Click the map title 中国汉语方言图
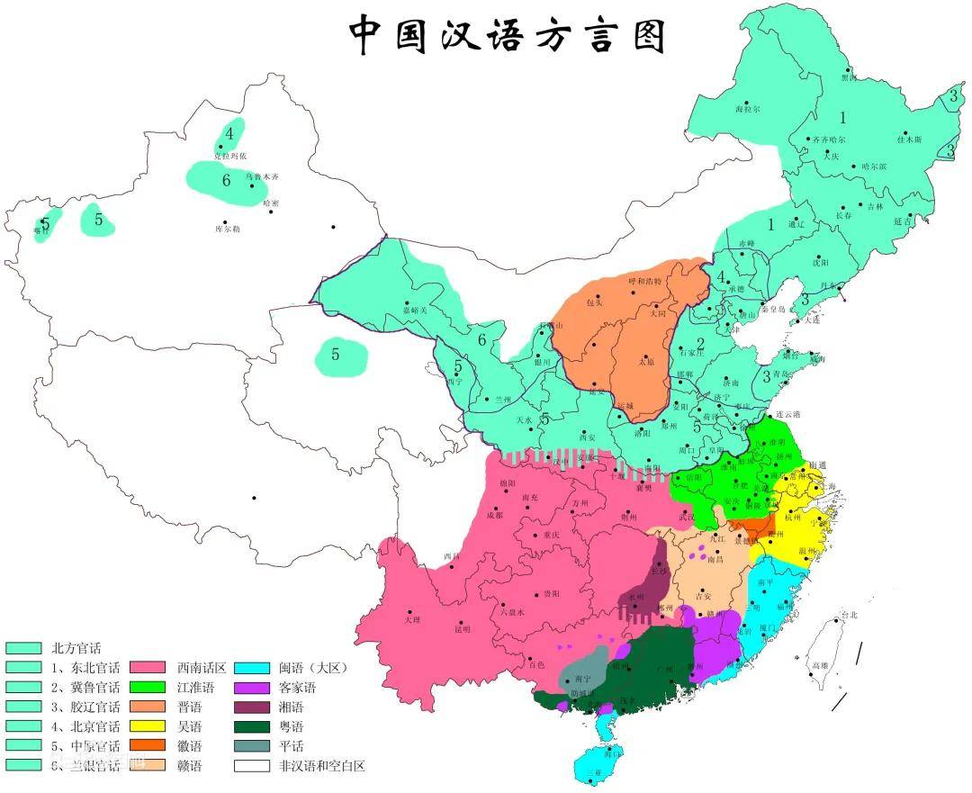(x=508, y=35)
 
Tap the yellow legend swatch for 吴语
(x=147, y=726)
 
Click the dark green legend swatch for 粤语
(x=251, y=726)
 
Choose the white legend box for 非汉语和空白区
(x=251, y=766)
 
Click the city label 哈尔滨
(x=873, y=167)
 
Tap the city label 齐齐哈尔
(x=828, y=140)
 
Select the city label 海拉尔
(x=747, y=109)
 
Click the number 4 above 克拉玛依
(x=229, y=133)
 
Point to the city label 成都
(x=495, y=516)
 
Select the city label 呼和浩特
(x=643, y=281)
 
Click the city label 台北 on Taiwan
(x=848, y=616)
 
